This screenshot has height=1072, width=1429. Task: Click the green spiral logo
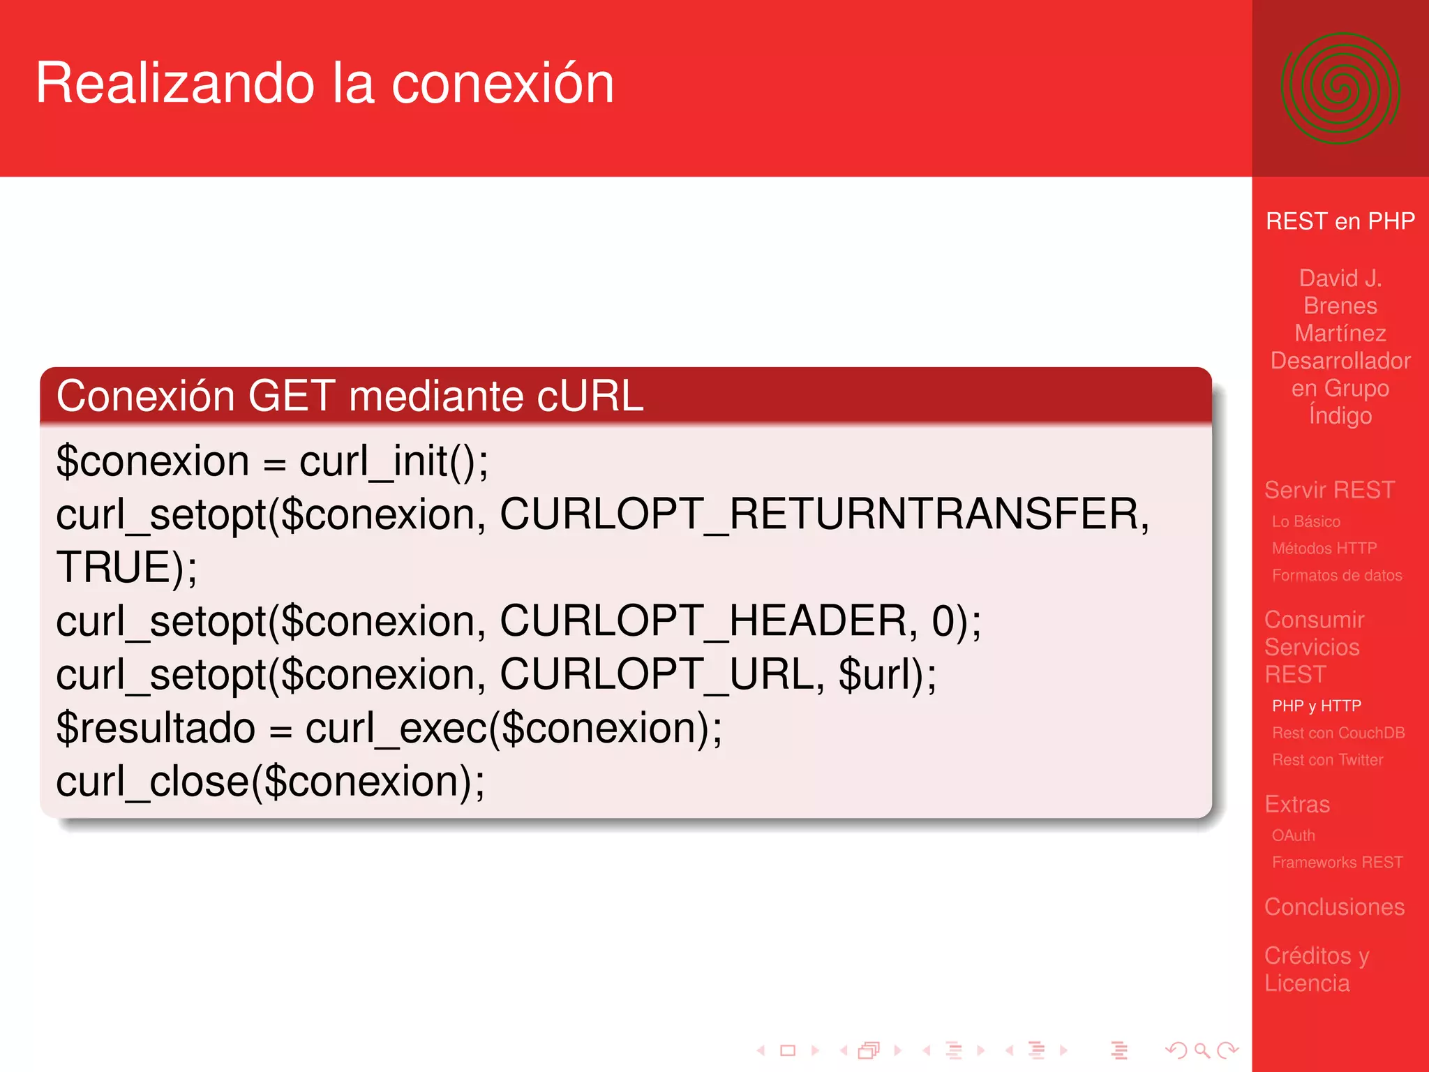(x=1340, y=89)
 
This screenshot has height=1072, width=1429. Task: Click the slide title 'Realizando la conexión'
(x=324, y=84)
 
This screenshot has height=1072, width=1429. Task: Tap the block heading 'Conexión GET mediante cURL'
(x=349, y=396)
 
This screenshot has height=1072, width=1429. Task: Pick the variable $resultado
(x=155, y=729)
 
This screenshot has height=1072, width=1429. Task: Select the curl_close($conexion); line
(x=270, y=782)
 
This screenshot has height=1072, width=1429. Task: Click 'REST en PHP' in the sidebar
(x=1340, y=221)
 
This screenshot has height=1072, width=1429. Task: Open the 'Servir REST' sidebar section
(x=1329, y=490)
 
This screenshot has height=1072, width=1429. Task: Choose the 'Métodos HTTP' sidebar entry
(x=1324, y=549)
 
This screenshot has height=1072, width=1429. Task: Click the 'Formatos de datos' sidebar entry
(x=1336, y=576)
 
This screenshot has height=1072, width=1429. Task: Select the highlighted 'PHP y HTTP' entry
(x=1316, y=706)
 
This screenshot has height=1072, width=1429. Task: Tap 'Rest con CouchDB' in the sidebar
(x=1338, y=734)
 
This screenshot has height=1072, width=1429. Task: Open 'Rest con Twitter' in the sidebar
(x=1327, y=760)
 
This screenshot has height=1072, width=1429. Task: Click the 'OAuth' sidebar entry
(x=1293, y=835)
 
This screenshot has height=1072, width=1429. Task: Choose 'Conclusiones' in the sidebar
(x=1334, y=907)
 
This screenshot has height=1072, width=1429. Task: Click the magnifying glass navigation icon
(x=1202, y=1050)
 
